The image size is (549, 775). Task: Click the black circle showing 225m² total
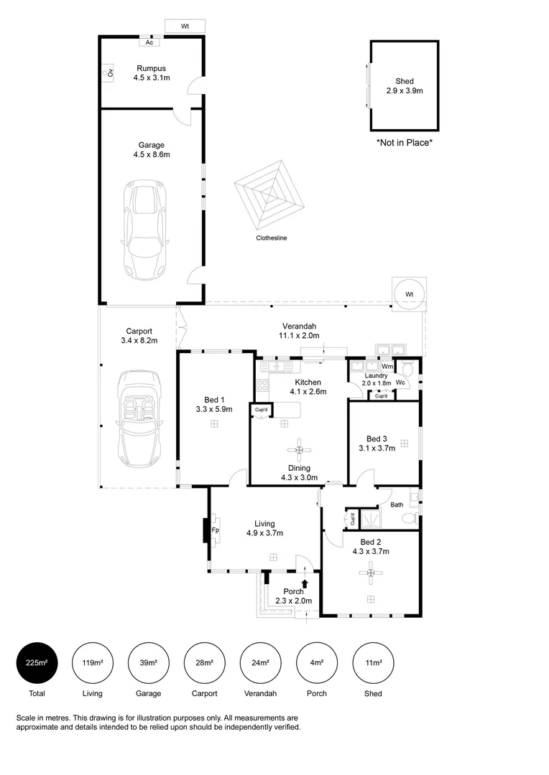click(37, 662)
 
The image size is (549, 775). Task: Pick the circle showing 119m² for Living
click(93, 662)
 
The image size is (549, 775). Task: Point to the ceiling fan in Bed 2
click(371, 572)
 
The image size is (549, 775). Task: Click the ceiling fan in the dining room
click(299, 450)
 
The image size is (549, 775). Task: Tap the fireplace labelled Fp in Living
click(213, 530)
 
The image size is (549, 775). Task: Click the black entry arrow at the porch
click(305, 583)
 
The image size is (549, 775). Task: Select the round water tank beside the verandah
click(409, 294)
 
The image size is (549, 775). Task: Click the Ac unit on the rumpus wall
click(149, 42)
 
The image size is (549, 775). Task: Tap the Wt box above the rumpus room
click(185, 27)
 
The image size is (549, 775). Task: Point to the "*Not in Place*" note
click(405, 143)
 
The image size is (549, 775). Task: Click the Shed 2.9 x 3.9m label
click(405, 86)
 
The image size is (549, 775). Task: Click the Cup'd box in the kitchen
click(260, 410)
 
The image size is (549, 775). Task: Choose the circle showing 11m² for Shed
click(373, 662)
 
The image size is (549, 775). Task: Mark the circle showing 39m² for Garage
click(149, 662)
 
